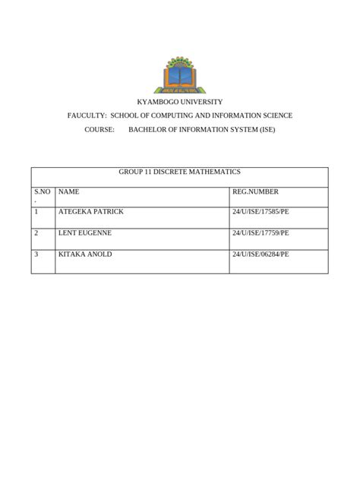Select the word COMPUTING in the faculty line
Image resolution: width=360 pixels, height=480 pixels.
coord(181,115)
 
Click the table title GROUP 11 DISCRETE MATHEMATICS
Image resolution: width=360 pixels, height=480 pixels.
coord(179,172)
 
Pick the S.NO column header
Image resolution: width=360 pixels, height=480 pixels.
coord(42,192)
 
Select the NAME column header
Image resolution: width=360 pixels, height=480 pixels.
coord(68,192)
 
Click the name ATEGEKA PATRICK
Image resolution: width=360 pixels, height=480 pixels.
coord(90,212)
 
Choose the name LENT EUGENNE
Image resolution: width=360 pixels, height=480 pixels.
coord(85,233)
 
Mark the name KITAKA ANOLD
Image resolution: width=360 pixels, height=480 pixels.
coord(85,254)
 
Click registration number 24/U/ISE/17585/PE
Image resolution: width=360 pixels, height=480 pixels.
coord(261,212)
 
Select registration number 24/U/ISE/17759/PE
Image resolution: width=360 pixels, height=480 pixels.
coord(261,233)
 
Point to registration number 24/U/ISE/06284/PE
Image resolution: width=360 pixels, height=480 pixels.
coord(261,254)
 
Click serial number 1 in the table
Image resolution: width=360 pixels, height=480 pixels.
coord(36,212)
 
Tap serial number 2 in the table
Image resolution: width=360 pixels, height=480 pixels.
coord(36,233)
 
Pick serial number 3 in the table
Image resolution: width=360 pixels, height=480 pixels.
coord(36,254)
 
